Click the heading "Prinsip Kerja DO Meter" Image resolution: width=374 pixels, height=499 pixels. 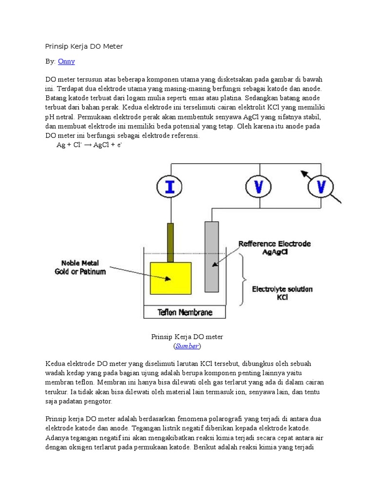pyautogui.click(x=84, y=46)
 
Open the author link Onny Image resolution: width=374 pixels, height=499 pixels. pyautogui.click(x=66, y=61)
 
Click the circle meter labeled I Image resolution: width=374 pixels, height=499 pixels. pyautogui.click(x=170, y=187)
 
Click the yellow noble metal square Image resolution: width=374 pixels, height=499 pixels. pyautogui.click(x=170, y=278)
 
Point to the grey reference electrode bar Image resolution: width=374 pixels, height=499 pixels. pyautogui.click(x=212, y=257)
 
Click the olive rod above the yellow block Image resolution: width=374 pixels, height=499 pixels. pyautogui.click(x=170, y=242)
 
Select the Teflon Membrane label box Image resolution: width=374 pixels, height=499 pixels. pyautogui.click(x=185, y=312)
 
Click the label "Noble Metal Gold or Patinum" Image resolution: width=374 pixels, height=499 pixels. pyautogui.click(x=80, y=268)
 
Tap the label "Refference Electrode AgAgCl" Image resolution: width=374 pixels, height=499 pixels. pyautogui.click(x=274, y=248)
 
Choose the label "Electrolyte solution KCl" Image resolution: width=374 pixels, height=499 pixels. pyautogui.click(x=282, y=292)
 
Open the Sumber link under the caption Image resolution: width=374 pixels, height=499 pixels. pyautogui.click(x=187, y=346)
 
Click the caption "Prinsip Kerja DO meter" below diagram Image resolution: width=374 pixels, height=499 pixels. pyautogui.click(x=187, y=337)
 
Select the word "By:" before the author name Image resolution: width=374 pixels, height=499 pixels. pyautogui.click(x=50, y=61)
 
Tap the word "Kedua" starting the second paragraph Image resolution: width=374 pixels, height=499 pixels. pyautogui.click(x=56, y=364)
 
